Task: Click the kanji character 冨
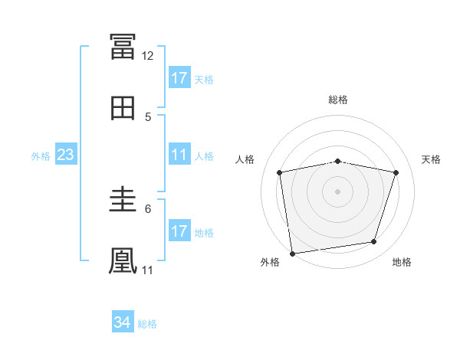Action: (123, 46)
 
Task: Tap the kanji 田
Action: (123, 108)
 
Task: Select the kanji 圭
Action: (123, 199)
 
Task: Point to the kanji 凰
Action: (123, 261)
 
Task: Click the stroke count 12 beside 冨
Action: (147, 56)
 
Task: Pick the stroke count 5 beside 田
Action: (148, 117)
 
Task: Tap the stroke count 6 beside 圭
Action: (148, 209)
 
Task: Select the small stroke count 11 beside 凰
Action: (147, 270)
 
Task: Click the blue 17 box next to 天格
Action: (179, 77)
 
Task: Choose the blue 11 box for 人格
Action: (179, 154)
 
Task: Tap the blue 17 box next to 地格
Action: (179, 230)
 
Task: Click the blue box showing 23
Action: (66, 154)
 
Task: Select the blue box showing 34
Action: (123, 321)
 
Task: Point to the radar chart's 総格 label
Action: (338, 100)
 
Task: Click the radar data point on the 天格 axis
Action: (396, 172)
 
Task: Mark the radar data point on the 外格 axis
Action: (292, 254)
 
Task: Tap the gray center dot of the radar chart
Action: (337, 191)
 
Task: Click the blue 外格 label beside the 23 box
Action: (41, 156)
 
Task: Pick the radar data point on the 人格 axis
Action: (279, 172)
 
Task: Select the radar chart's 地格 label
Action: (402, 262)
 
